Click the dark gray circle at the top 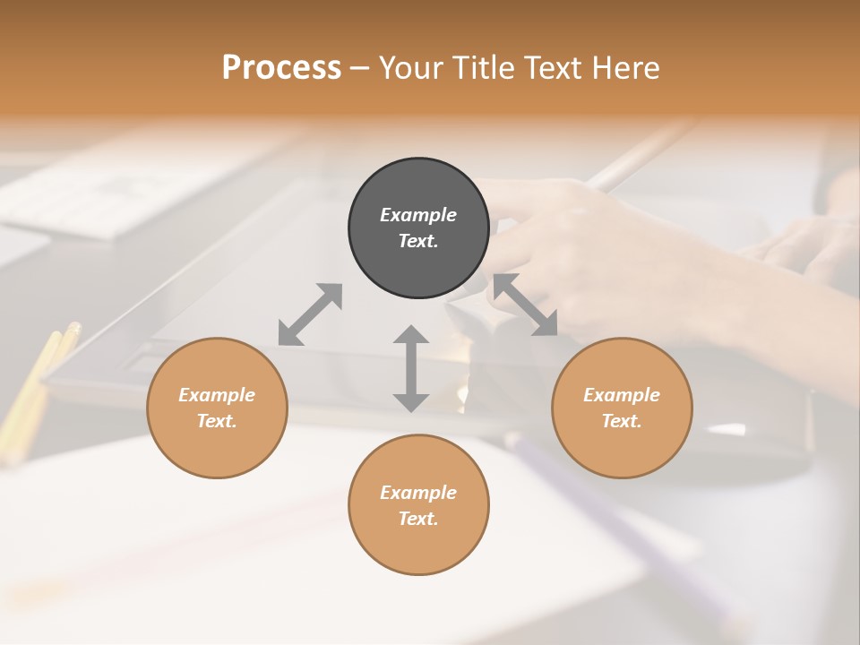point(418,228)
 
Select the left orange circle point(217,408)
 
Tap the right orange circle point(622,408)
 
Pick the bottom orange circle point(418,504)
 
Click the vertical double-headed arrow point(411,368)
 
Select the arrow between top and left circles point(310,314)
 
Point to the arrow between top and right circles point(525,305)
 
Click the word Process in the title point(281,67)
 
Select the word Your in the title point(411,67)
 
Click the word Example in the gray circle point(418,215)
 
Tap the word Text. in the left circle point(217,421)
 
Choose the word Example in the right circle point(622,395)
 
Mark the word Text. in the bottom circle point(418,519)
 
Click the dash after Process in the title point(360,68)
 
